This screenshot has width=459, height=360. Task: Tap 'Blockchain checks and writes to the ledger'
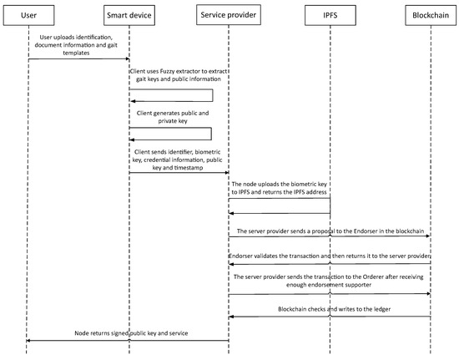pyautogui.click(x=329, y=308)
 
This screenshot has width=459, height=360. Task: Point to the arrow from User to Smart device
pyautogui.click(x=78, y=58)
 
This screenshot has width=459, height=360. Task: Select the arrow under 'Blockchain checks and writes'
pyautogui.click(x=329, y=317)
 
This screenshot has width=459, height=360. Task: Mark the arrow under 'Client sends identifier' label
pyautogui.click(x=179, y=172)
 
